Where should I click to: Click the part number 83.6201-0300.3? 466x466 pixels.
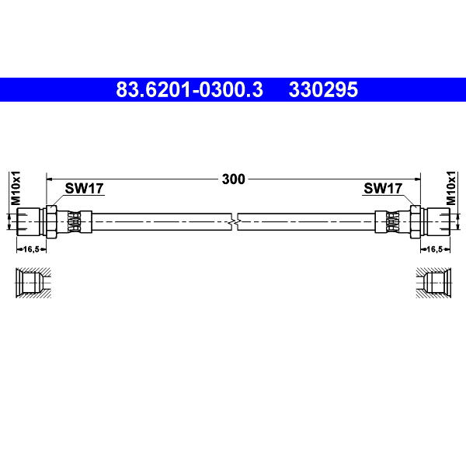(190, 89)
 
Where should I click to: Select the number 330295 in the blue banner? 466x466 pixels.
(323, 89)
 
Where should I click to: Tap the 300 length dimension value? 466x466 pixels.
(233, 179)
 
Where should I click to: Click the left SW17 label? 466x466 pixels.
(84, 188)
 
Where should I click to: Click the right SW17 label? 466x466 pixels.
(383, 188)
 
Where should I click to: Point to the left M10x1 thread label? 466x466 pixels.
(16, 188)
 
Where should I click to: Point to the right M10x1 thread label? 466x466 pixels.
(451, 188)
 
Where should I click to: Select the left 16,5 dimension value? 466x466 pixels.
(31, 249)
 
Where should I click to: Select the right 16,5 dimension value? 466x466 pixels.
(434, 249)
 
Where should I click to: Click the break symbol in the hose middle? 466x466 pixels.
(235, 221)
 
